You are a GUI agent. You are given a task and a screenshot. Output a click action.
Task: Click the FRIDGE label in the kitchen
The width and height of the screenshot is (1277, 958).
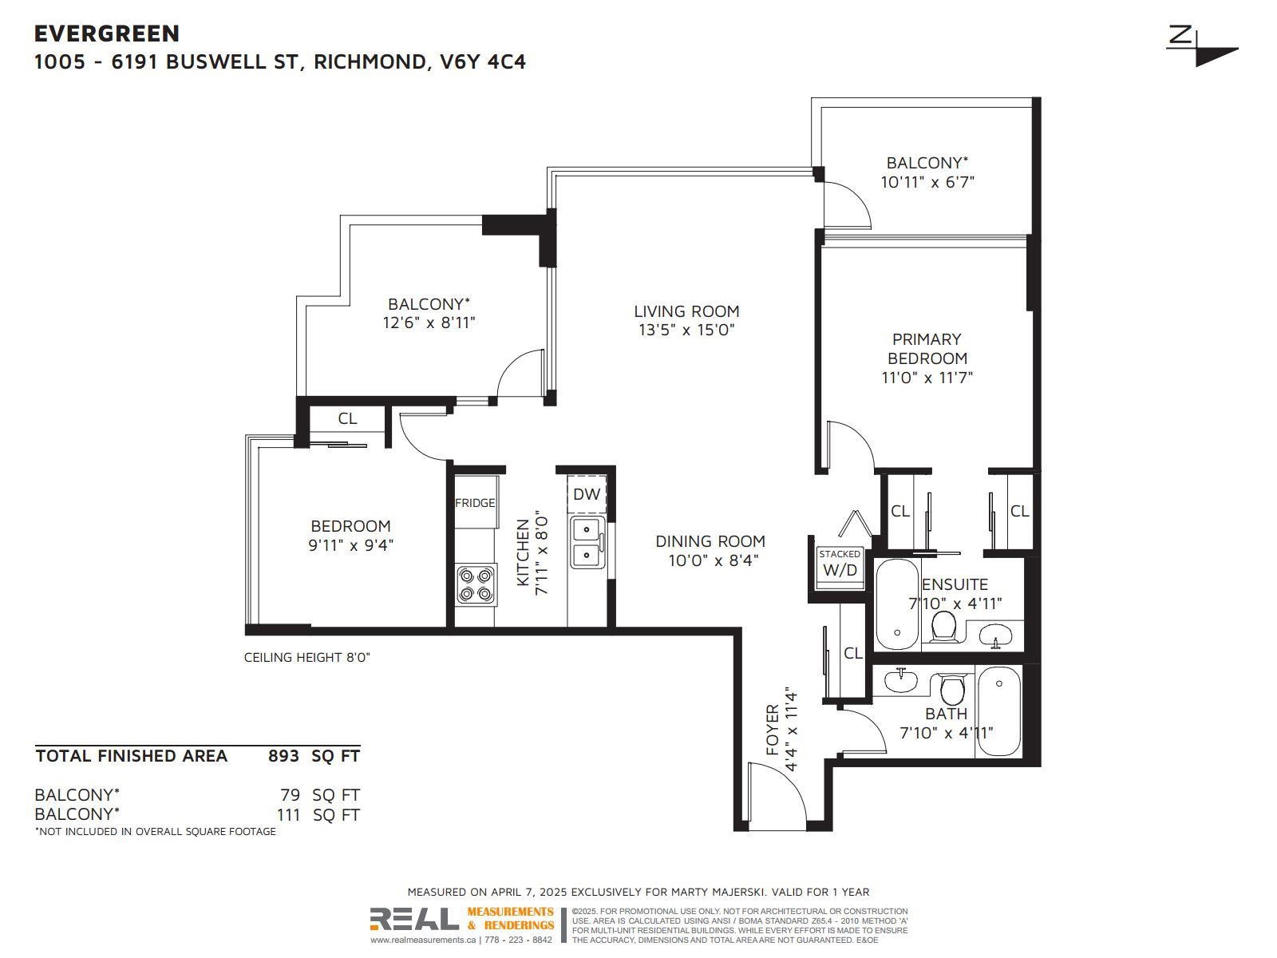tap(475, 503)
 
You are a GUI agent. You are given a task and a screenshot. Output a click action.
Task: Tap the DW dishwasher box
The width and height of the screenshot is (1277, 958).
tap(587, 494)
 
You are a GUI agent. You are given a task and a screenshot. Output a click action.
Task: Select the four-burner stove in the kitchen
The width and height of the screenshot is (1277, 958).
tap(476, 585)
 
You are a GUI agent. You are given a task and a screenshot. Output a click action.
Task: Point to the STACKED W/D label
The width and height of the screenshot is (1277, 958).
tap(840, 563)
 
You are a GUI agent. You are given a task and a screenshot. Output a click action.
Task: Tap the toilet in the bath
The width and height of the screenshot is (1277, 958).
tap(952, 690)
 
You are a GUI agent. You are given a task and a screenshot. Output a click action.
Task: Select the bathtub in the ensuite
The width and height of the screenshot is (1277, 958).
tap(898, 604)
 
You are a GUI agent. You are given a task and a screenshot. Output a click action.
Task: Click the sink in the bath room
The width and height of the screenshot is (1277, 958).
tap(901, 680)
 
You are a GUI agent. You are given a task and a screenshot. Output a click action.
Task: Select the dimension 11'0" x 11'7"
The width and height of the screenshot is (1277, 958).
tap(927, 378)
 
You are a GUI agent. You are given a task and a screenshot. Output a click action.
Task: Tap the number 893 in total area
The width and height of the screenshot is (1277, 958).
tap(283, 756)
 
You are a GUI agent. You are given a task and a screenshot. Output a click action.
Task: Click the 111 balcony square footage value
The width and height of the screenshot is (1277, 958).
tap(289, 815)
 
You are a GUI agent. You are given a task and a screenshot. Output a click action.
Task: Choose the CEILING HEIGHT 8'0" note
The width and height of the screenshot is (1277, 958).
tap(306, 658)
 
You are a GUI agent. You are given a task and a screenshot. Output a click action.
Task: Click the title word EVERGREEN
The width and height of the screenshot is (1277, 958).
tap(107, 34)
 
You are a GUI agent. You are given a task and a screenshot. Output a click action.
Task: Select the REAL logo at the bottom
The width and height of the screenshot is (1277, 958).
tap(414, 919)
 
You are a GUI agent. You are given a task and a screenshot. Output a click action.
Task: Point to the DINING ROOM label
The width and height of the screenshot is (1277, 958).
tap(710, 541)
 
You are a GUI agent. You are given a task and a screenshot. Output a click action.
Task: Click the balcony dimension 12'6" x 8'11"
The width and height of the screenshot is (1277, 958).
tap(429, 323)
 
